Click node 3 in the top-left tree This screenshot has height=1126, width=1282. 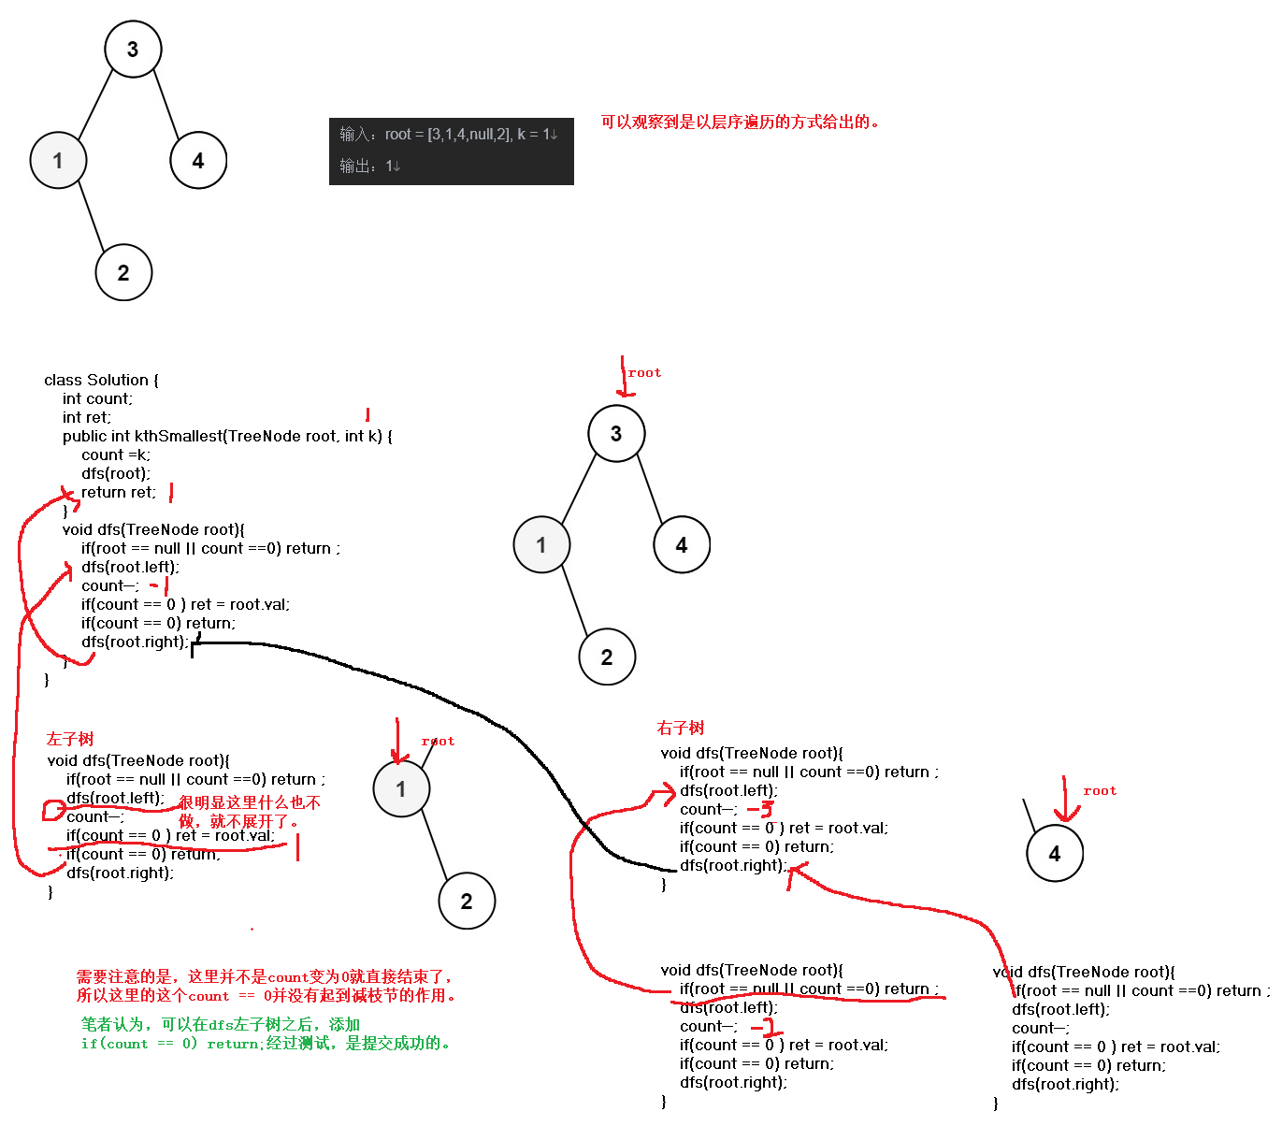[x=133, y=49]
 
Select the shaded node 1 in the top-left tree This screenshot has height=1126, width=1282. [x=58, y=161]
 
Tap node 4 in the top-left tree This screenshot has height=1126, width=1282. [x=198, y=161]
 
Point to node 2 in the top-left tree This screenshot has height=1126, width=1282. [x=123, y=272]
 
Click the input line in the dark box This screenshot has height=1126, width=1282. [x=449, y=135]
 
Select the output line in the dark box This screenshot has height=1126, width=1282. [x=370, y=166]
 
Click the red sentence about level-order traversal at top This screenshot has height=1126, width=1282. [x=740, y=122]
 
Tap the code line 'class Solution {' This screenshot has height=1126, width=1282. [x=101, y=380]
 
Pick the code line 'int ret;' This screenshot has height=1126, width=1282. [x=87, y=417]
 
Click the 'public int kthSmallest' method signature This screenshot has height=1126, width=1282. [x=227, y=436]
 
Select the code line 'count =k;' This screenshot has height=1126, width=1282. [x=116, y=455]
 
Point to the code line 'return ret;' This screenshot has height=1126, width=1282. [x=119, y=492]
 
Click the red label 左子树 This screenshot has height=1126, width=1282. [x=70, y=739]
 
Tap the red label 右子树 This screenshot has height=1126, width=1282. [x=681, y=728]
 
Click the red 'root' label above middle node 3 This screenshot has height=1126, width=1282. [x=644, y=372]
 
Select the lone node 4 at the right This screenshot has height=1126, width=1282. [x=1054, y=853]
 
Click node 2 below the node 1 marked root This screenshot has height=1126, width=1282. [x=467, y=901]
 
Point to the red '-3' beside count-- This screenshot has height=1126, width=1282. [x=761, y=809]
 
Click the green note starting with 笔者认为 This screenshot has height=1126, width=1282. [x=266, y=1033]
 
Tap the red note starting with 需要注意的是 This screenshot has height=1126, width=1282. [x=266, y=986]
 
